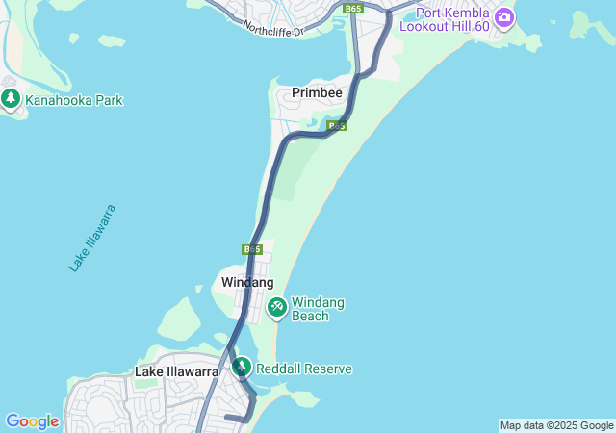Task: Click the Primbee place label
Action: click(x=316, y=93)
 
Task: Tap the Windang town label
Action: click(x=247, y=282)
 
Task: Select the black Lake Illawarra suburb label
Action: click(x=176, y=371)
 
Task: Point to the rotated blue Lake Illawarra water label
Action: click(x=92, y=238)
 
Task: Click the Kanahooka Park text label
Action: click(x=74, y=100)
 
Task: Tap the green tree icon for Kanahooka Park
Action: click(x=12, y=98)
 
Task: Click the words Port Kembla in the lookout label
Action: click(x=451, y=14)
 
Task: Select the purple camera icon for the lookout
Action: click(x=503, y=16)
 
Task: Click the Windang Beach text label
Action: click(x=318, y=309)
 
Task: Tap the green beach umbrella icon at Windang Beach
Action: click(x=277, y=308)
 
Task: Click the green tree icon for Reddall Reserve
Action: click(x=241, y=368)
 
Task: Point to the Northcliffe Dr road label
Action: click(x=272, y=30)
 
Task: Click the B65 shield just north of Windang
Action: click(x=252, y=249)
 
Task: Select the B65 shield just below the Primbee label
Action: click(x=336, y=126)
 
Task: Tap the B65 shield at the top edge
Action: click(x=353, y=8)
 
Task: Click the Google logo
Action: click(x=32, y=421)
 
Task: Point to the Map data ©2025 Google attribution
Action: click(x=556, y=425)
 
